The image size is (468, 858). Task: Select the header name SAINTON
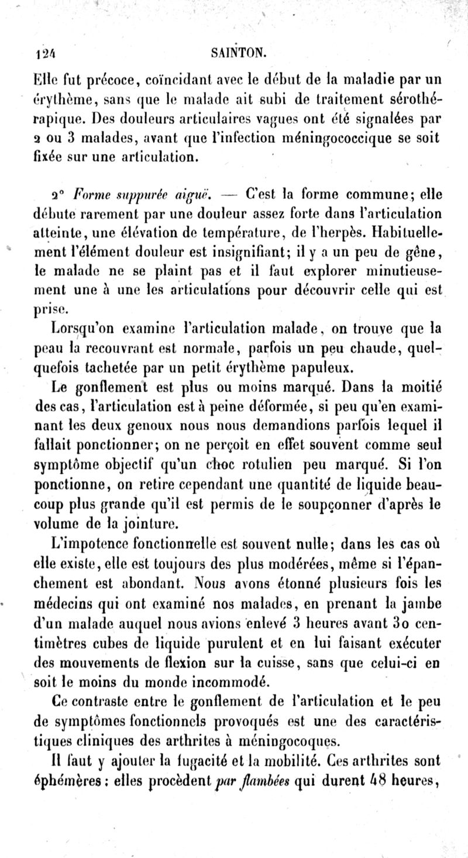pos(236,54)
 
